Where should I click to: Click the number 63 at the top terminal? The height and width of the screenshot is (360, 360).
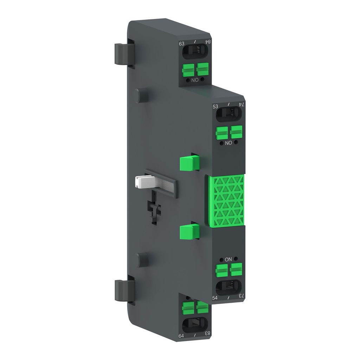click(x=182, y=44)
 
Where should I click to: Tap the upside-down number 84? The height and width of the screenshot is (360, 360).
click(x=208, y=42)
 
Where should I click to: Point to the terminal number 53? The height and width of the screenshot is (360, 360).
click(x=216, y=106)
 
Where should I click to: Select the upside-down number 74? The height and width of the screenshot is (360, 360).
click(x=242, y=104)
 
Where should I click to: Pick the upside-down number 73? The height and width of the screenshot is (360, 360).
click(x=242, y=296)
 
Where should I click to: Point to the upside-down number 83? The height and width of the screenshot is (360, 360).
click(x=208, y=333)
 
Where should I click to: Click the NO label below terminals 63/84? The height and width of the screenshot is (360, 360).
click(x=195, y=80)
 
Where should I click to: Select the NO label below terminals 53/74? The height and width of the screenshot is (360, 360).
click(x=229, y=143)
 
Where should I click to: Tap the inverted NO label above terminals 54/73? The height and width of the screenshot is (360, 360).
click(x=228, y=259)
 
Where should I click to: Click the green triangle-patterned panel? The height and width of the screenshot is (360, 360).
click(x=226, y=201)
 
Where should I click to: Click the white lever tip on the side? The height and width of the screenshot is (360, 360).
click(x=140, y=181)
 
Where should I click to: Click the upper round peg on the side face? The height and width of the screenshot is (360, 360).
click(x=142, y=95)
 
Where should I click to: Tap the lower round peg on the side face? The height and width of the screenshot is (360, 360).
click(x=142, y=259)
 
